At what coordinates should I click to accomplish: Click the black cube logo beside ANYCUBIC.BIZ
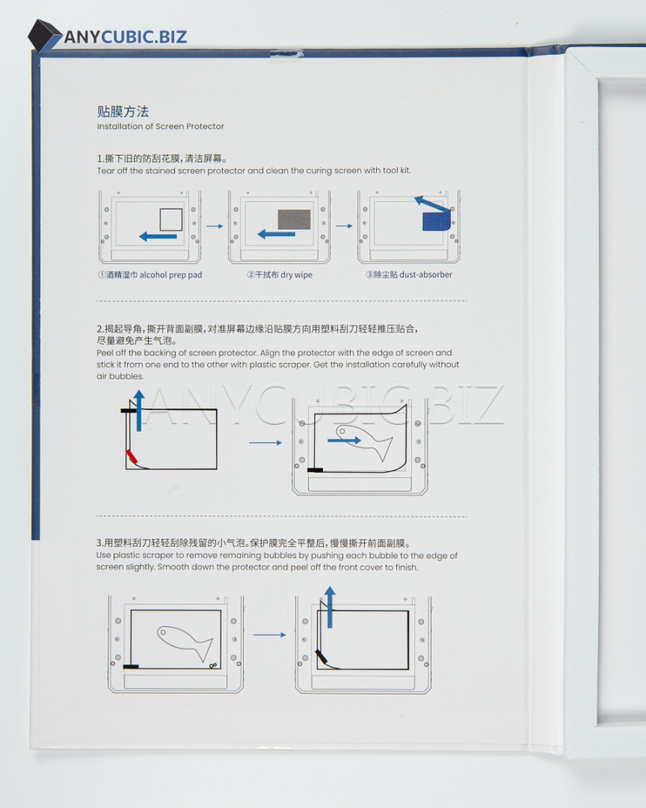(44, 36)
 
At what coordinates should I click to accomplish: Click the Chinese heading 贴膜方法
(123, 111)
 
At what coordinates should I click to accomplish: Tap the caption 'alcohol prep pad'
(170, 275)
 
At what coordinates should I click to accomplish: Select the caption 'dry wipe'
(296, 275)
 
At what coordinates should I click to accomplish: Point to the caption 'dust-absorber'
(425, 275)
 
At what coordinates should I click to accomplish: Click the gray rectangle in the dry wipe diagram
(294, 219)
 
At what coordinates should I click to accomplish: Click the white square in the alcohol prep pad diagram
(171, 219)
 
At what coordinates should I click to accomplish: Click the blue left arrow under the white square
(159, 236)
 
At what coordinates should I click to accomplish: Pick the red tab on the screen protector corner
(132, 456)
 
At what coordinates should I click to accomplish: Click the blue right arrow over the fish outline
(344, 440)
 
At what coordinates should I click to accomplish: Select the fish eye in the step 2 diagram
(342, 431)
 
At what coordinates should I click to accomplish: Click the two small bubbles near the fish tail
(213, 665)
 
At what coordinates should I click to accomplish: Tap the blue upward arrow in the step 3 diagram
(330, 607)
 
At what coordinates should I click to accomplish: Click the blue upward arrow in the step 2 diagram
(138, 411)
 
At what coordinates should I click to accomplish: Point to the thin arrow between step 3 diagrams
(269, 635)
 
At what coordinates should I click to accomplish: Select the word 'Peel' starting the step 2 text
(105, 353)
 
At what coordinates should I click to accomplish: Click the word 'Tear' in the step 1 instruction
(105, 171)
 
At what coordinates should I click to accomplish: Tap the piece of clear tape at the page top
(286, 55)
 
